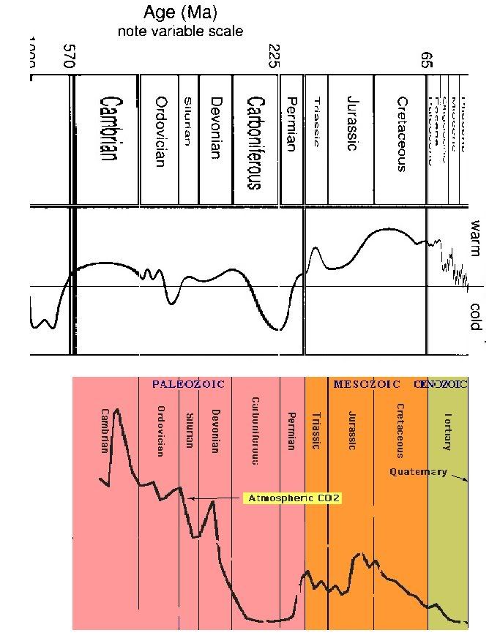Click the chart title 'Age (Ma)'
click(x=180, y=12)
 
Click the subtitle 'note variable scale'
click(x=180, y=31)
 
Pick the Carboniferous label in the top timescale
click(x=254, y=142)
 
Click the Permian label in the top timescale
click(x=291, y=124)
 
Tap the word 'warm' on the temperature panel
click(x=475, y=238)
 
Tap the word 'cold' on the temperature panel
click(x=475, y=317)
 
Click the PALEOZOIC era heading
click(x=188, y=383)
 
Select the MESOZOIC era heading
click(x=366, y=383)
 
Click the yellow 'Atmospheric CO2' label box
click(x=294, y=498)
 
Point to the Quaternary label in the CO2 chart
click(x=418, y=471)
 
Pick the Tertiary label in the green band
click(x=447, y=431)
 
